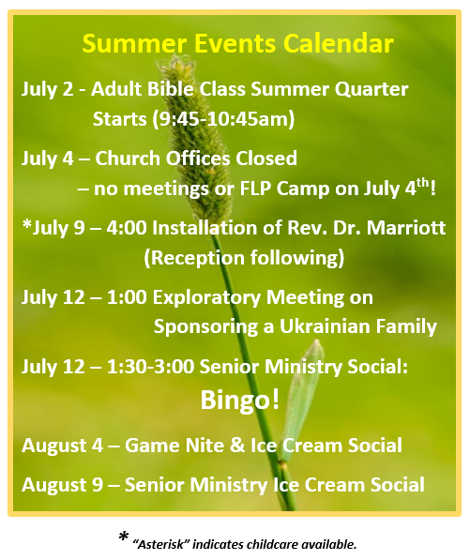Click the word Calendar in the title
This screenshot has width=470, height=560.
coord(339,43)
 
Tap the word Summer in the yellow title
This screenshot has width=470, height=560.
coord(134,43)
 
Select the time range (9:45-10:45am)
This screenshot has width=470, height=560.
coord(223,119)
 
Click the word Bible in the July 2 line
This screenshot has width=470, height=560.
coord(171,89)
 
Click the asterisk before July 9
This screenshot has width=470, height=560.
coord(27,225)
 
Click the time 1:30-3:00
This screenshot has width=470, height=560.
coord(150,367)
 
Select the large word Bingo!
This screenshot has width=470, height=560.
coord(239,401)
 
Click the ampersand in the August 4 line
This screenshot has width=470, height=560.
coord(237,446)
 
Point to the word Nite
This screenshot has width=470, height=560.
coord(206,446)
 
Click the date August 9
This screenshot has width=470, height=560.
coord(62,486)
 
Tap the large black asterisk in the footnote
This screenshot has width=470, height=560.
coord(124,537)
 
